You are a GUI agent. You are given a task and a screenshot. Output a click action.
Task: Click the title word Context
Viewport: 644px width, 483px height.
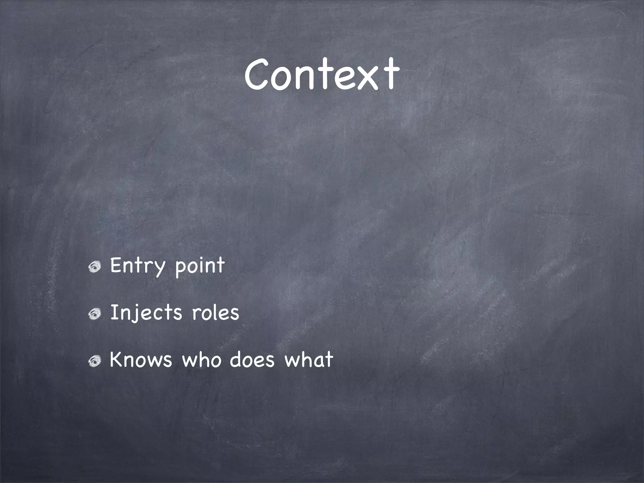(x=322, y=75)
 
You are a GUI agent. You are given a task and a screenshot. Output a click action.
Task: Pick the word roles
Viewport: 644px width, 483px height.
(x=215, y=313)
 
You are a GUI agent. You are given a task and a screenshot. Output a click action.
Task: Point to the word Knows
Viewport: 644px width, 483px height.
(x=141, y=359)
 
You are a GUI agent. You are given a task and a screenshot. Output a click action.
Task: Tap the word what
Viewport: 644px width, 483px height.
(x=308, y=359)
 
